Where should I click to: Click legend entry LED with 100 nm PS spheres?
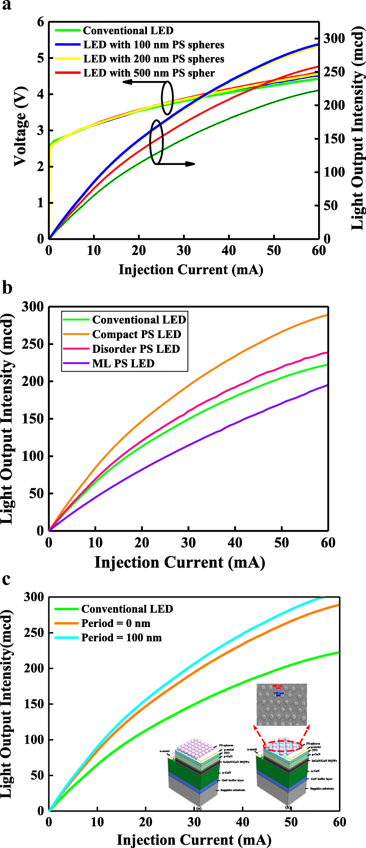pyautogui.click(x=154, y=45)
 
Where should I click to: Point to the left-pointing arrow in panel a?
pyautogui.click(x=141, y=82)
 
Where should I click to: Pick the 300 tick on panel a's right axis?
pyautogui.click(x=334, y=38)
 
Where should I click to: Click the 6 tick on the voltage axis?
pyautogui.click(x=41, y=22)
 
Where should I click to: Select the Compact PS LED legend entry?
pyautogui.click(x=136, y=334)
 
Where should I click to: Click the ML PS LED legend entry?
pyautogui.click(x=123, y=363)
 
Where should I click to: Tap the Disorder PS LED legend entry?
pyautogui.click(x=136, y=349)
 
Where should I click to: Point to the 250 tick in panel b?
pyautogui.click(x=33, y=344)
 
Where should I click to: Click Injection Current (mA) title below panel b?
pyautogui.click(x=180, y=562)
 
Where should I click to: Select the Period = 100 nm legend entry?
pyautogui.click(x=121, y=638)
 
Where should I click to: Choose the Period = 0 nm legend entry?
pyautogui.click(x=115, y=623)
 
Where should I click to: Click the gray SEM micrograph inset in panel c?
pyautogui.click(x=281, y=704)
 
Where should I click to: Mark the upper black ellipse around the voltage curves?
pyautogui.click(x=167, y=98)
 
